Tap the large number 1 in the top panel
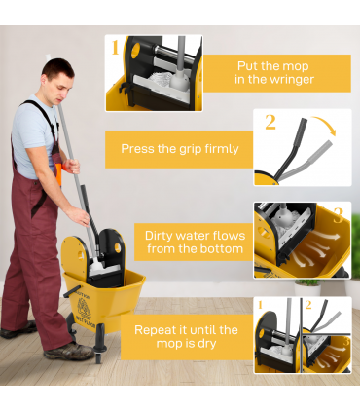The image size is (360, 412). (x=115, y=48)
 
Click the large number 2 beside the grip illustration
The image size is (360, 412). (x=270, y=123)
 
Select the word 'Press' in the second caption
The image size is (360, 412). (x=139, y=149)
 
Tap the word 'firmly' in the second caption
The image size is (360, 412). (x=219, y=149)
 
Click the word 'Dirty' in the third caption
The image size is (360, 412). (x=162, y=235)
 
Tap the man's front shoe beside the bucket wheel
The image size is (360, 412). (x=70, y=351)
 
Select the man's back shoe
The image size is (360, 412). (x=14, y=331)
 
